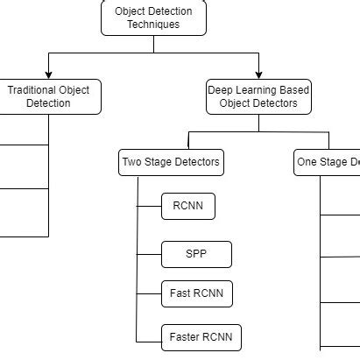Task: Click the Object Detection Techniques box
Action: pyautogui.click(x=153, y=18)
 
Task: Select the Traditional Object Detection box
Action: pyautogui.click(x=49, y=96)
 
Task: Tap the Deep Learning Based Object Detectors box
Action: pyautogui.click(x=258, y=96)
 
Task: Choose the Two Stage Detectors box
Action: pyautogui.click(x=171, y=162)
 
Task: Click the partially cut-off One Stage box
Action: pyautogui.click(x=328, y=162)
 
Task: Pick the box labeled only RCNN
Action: pyautogui.click(x=188, y=207)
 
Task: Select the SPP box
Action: pyautogui.click(x=196, y=255)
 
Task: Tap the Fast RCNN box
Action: pyautogui.click(x=197, y=294)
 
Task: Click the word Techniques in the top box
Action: pyautogui.click(x=153, y=25)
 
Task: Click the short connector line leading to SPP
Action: pyautogui.click(x=150, y=255)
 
